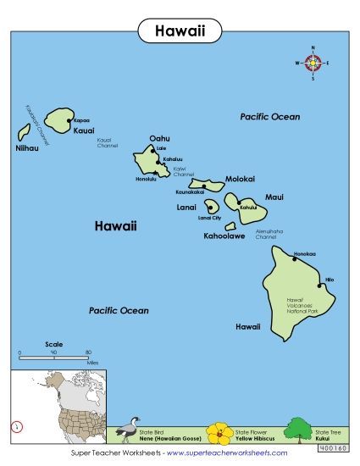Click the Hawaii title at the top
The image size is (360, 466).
pos(179,31)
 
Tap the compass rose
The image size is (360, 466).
pos(313,63)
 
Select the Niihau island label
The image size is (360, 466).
pos(27,148)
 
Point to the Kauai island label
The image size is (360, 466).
pos(83,132)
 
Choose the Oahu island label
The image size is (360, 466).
pos(159,138)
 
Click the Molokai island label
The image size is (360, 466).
pos(240,179)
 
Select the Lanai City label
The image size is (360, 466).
pos(209,219)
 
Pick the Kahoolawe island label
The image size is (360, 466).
pos(224,236)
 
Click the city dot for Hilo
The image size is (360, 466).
pos(320,286)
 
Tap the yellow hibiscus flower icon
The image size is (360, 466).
pos(219,434)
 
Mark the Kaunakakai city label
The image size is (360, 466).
pos(191,192)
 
